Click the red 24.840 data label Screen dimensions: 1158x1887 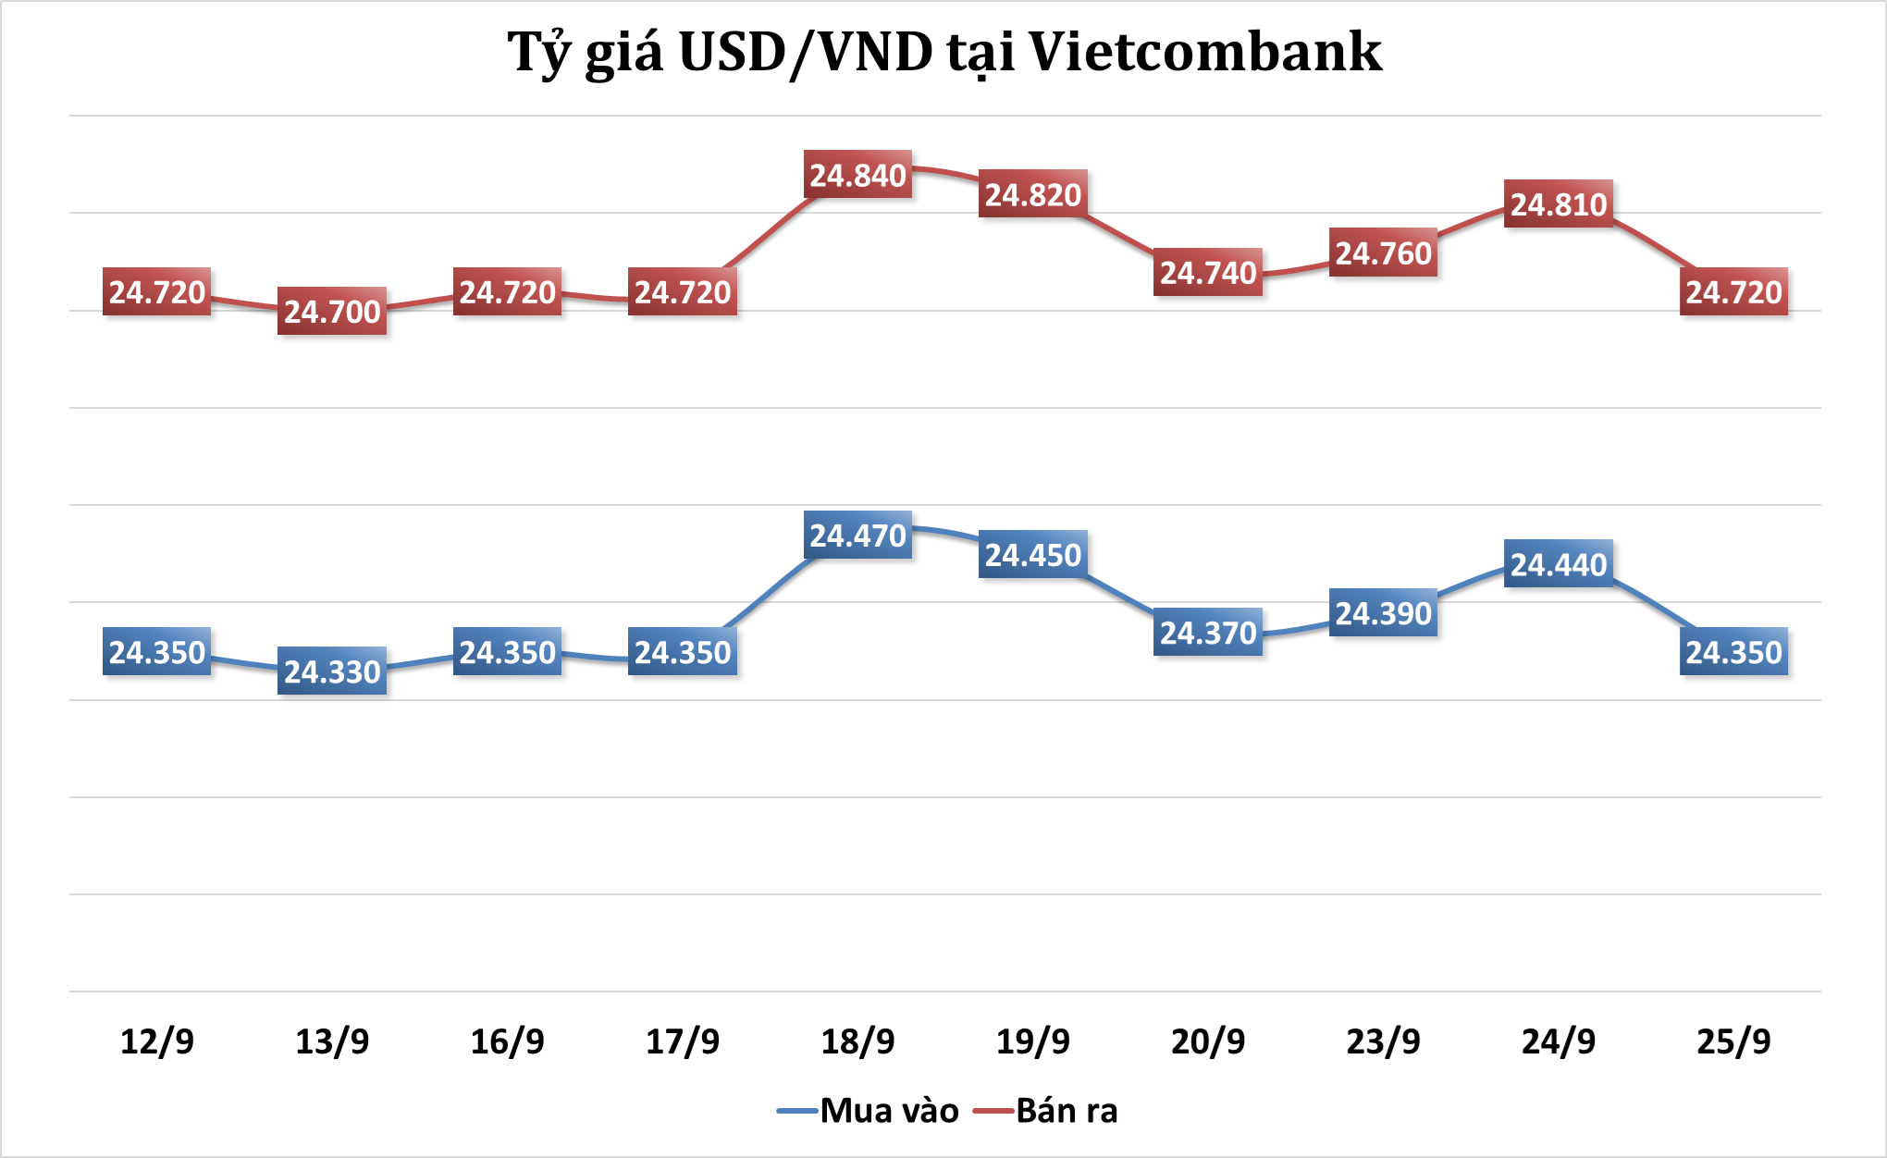[x=857, y=175]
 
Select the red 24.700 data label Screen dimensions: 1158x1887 [x=332, y=311]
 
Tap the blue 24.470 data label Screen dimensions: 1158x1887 [x=857, y=536]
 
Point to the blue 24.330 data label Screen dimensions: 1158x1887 [x=332, y=671]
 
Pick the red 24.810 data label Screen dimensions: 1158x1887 [x=1559, y=204]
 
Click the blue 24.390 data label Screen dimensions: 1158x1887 [x=1383, y=613]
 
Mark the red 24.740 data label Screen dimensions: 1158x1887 [x=1208, y=273]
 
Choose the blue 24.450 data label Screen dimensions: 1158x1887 [x=1032, y=555]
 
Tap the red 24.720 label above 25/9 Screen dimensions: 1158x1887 [x=1733, y=292]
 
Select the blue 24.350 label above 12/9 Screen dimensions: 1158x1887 [x=157, y=652]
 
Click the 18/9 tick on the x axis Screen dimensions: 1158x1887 [x=857, y=1041]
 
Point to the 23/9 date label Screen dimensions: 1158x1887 [x=1383, y=1041]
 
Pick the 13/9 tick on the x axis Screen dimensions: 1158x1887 [x=332, y=1041]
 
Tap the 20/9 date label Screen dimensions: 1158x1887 [x=1208, y=1041]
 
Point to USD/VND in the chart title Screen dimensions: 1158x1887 [x=806, y=52]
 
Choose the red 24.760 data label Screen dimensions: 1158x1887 [x=1383, y=253]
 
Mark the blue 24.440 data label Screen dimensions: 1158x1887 [x=1559, y=564]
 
